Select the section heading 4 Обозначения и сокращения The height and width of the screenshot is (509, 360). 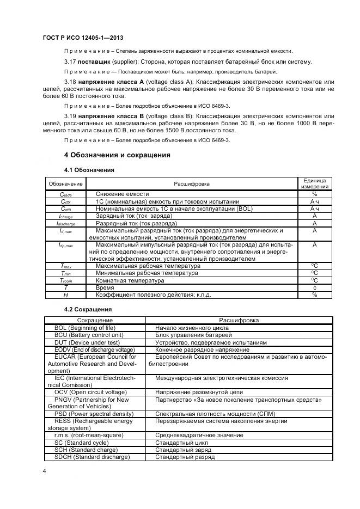coord(118,155)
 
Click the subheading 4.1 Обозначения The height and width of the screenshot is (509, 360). coord(89,170)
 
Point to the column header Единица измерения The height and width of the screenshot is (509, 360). coord(314,183)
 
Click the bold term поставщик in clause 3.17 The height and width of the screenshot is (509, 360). coord(96,62)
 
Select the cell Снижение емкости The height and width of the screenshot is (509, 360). coord(123,194)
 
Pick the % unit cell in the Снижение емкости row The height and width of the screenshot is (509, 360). coord(314,194)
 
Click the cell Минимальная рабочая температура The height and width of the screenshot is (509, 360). coord(147,273)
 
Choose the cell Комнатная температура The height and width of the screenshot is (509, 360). coord(130,280)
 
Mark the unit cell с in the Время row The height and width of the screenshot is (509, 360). coord(314,287)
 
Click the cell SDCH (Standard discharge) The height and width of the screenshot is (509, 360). coord(92,457)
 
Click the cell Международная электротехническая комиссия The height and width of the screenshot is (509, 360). coord(222,378)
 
